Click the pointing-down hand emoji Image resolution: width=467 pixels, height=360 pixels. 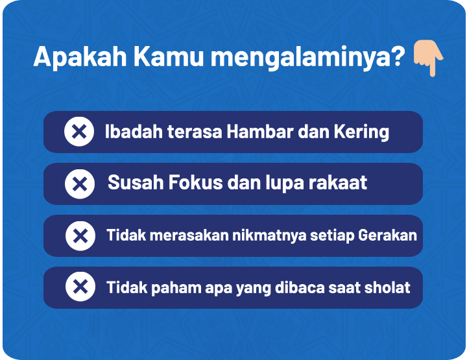[428, 58]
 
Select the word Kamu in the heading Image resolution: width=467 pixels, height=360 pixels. [168, 56]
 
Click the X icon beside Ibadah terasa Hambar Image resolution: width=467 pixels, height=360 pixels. [79, 131]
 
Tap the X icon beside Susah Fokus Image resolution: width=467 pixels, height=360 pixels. [80, 184]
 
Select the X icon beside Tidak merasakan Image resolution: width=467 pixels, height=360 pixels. [80, 236]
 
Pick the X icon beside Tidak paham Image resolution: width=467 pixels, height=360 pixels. [80, 287]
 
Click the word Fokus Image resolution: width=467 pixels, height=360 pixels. [196, 182]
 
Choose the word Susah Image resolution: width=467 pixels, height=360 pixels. [136, 182]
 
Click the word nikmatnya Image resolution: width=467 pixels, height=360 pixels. [270, 235]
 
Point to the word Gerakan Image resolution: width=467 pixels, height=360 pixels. [387, 235]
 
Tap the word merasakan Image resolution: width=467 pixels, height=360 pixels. [189, 235]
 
